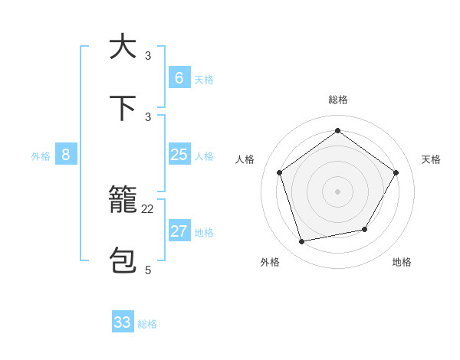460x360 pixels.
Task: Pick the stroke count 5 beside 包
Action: pyautogui.click(x=148, y=270)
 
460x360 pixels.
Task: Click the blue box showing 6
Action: pyautogui.click(x=179, y=78)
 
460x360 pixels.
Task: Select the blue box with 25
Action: pyautogui.click(x=179, y=155)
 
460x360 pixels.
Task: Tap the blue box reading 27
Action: pyautogui.click(x=179, y=231)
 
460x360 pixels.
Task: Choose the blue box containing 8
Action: pyautogui.click(x=66, y=155)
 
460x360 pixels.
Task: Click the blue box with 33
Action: pyautogui.click(x=123, y=322)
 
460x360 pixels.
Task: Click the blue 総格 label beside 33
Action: pyautogui.click(x=147, y=324)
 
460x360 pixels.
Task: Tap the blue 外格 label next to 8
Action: pyautogui.click(x=41, y=156)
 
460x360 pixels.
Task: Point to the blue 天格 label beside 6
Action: pyautogui.click(x=204, y=80)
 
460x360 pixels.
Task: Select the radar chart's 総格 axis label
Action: pyautogui.click(x=337, y=100)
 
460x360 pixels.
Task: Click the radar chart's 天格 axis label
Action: pyautogui.click(x=431, y=159)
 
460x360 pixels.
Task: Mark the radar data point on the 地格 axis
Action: pyautogui.click(x=365, y=229)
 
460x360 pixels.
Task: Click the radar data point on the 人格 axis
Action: pyautogui.click(x=279, y=172)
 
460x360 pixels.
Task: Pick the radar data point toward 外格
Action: pyautogui.click(x=302, y=242)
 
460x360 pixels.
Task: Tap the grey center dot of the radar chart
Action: pyautogui.click(x=337, y=191)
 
